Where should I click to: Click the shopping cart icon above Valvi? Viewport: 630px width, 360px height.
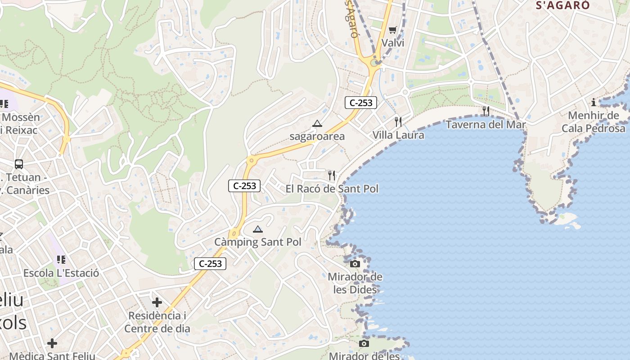click(392, 30)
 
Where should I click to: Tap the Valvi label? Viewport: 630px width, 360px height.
click(393, 43)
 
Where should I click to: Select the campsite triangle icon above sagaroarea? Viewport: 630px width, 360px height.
click(317, 124)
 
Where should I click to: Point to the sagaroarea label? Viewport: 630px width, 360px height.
click(317, 136)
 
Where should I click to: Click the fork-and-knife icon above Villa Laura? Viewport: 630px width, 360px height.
click(398, 121)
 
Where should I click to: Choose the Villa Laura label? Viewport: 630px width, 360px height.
click(398, 135)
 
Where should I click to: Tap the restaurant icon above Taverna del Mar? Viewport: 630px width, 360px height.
click(486, 111)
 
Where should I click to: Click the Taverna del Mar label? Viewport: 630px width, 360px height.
click(486, 124)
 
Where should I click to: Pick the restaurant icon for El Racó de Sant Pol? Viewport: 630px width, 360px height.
click(332, 175)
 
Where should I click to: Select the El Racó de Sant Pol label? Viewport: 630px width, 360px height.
click(332, 189)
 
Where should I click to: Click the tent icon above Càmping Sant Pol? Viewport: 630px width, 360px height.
click(257, 229)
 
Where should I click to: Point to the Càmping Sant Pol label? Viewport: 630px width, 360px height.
click(257, 242)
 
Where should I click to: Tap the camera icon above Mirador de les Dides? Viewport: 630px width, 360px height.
click(355, 264)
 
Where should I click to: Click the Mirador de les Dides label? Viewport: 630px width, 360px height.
click(355, 283)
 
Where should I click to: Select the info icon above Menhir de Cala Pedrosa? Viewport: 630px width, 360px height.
click(594, 102)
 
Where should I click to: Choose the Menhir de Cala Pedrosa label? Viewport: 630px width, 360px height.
click(594, 122)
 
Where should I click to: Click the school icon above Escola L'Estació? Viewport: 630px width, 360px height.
click(61, 260)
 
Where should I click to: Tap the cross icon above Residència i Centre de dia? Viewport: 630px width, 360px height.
click(157, 302)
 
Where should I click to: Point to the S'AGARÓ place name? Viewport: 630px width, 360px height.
click(562, 5)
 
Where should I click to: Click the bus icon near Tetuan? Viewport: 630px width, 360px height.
click(19, 164)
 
